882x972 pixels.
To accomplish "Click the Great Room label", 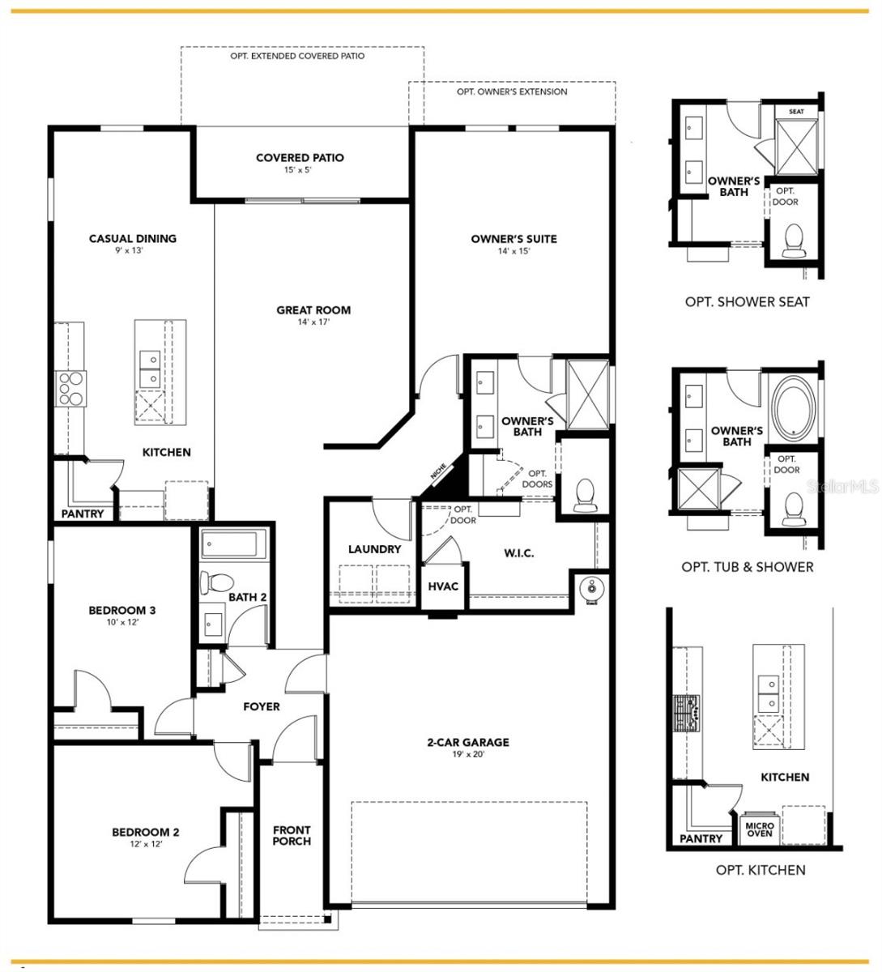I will tap(313, 310).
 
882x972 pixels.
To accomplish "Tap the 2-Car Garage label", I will tap(469, 742).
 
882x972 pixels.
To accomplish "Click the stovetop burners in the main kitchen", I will tap(70, 387).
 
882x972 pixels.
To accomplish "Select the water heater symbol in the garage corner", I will tap(590, 586).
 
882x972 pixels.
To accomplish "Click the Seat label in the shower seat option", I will tap(797, 111).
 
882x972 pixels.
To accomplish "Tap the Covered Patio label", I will tap(300, 158).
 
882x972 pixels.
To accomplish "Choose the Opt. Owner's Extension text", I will tap(512, 92).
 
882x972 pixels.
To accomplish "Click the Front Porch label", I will tap(292, 835).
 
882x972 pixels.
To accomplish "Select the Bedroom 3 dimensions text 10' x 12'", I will tap(121, 623).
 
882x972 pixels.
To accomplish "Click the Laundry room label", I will tap(375, 549).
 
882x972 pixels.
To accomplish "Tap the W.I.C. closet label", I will tap(518, 553).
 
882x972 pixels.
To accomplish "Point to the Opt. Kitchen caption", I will tap(761, 870).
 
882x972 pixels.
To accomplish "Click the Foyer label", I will tap(262, 706).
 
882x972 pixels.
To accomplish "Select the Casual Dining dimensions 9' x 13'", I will tap(133, 251).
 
